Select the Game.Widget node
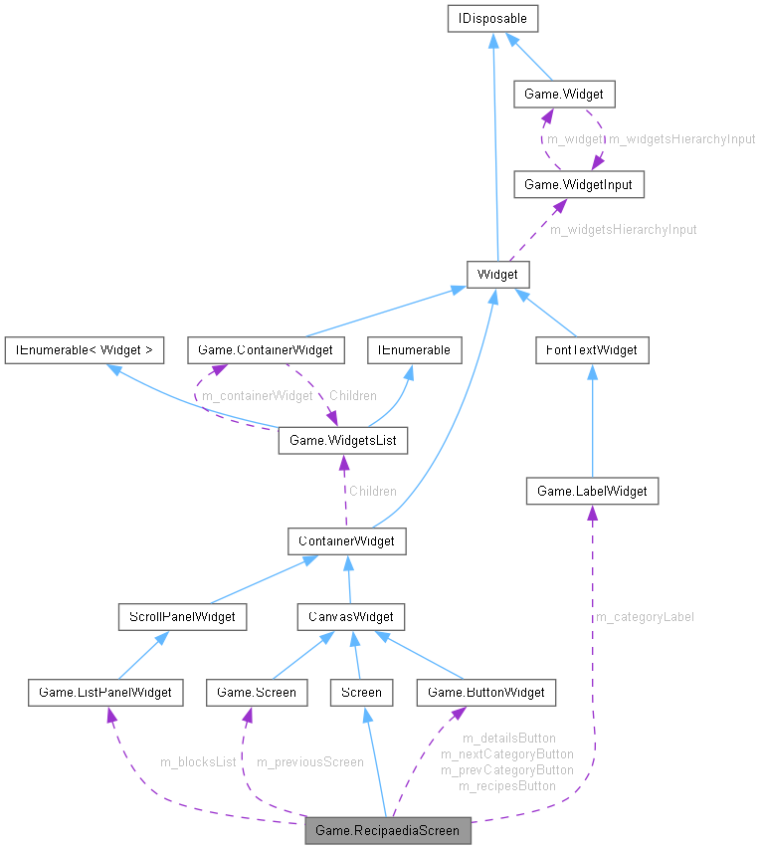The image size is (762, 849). coord(564,95)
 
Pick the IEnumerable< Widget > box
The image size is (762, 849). coord(84,349)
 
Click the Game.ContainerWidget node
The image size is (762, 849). coord(266,349)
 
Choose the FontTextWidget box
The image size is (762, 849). coord(592,349)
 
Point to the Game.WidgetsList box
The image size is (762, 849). coord(343,439)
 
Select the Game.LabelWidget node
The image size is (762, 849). coord(592,491)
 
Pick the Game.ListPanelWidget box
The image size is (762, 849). coord(105,692)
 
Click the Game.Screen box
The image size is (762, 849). coord(251,692)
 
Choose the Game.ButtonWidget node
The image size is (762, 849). coord(485,692)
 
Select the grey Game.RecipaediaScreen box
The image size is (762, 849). coord(387,829)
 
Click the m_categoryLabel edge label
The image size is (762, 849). coord(645,617)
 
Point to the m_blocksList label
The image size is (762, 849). coord(198,762)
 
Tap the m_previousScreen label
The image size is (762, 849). coord(310,762)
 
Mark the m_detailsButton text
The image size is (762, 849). coord(509,739)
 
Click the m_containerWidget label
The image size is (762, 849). coord(257,396)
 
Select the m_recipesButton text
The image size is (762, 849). coord(507,786)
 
